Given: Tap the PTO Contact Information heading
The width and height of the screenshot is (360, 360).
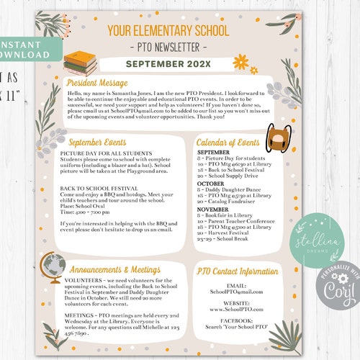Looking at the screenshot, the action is tap(237, 271).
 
